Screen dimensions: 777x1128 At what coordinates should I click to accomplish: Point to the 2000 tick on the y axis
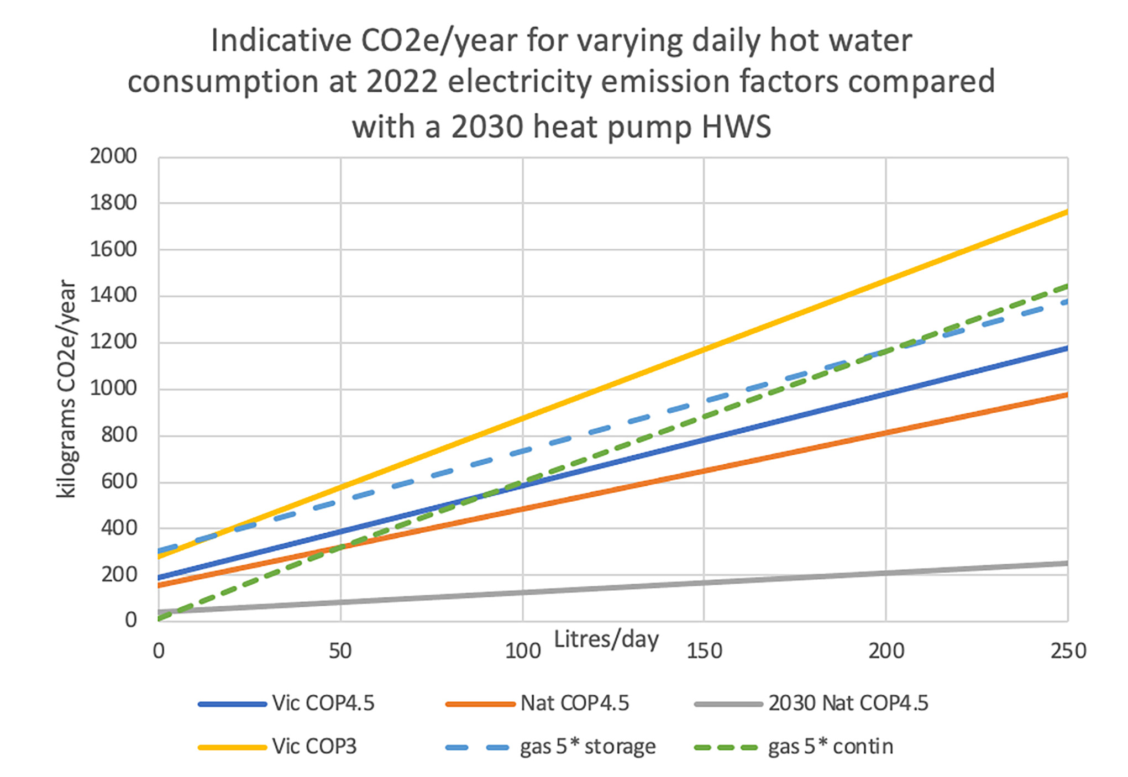113,156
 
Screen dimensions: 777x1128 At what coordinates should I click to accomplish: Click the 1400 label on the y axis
113,295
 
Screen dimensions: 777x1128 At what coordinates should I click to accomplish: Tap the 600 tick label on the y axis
119,481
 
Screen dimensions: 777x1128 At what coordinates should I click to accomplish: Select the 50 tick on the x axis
340,651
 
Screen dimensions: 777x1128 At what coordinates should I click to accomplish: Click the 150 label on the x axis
704,651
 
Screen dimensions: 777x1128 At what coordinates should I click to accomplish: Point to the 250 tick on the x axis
1068,651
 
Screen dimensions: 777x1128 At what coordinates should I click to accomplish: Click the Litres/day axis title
606,639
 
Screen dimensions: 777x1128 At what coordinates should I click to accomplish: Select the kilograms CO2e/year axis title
67,389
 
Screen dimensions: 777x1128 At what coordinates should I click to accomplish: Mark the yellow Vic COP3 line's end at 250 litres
1067,212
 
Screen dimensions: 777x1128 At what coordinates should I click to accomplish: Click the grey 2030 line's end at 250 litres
1067,563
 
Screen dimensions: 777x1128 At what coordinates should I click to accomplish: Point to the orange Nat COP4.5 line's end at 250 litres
1067,395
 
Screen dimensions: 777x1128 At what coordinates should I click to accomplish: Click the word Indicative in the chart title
281,40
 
